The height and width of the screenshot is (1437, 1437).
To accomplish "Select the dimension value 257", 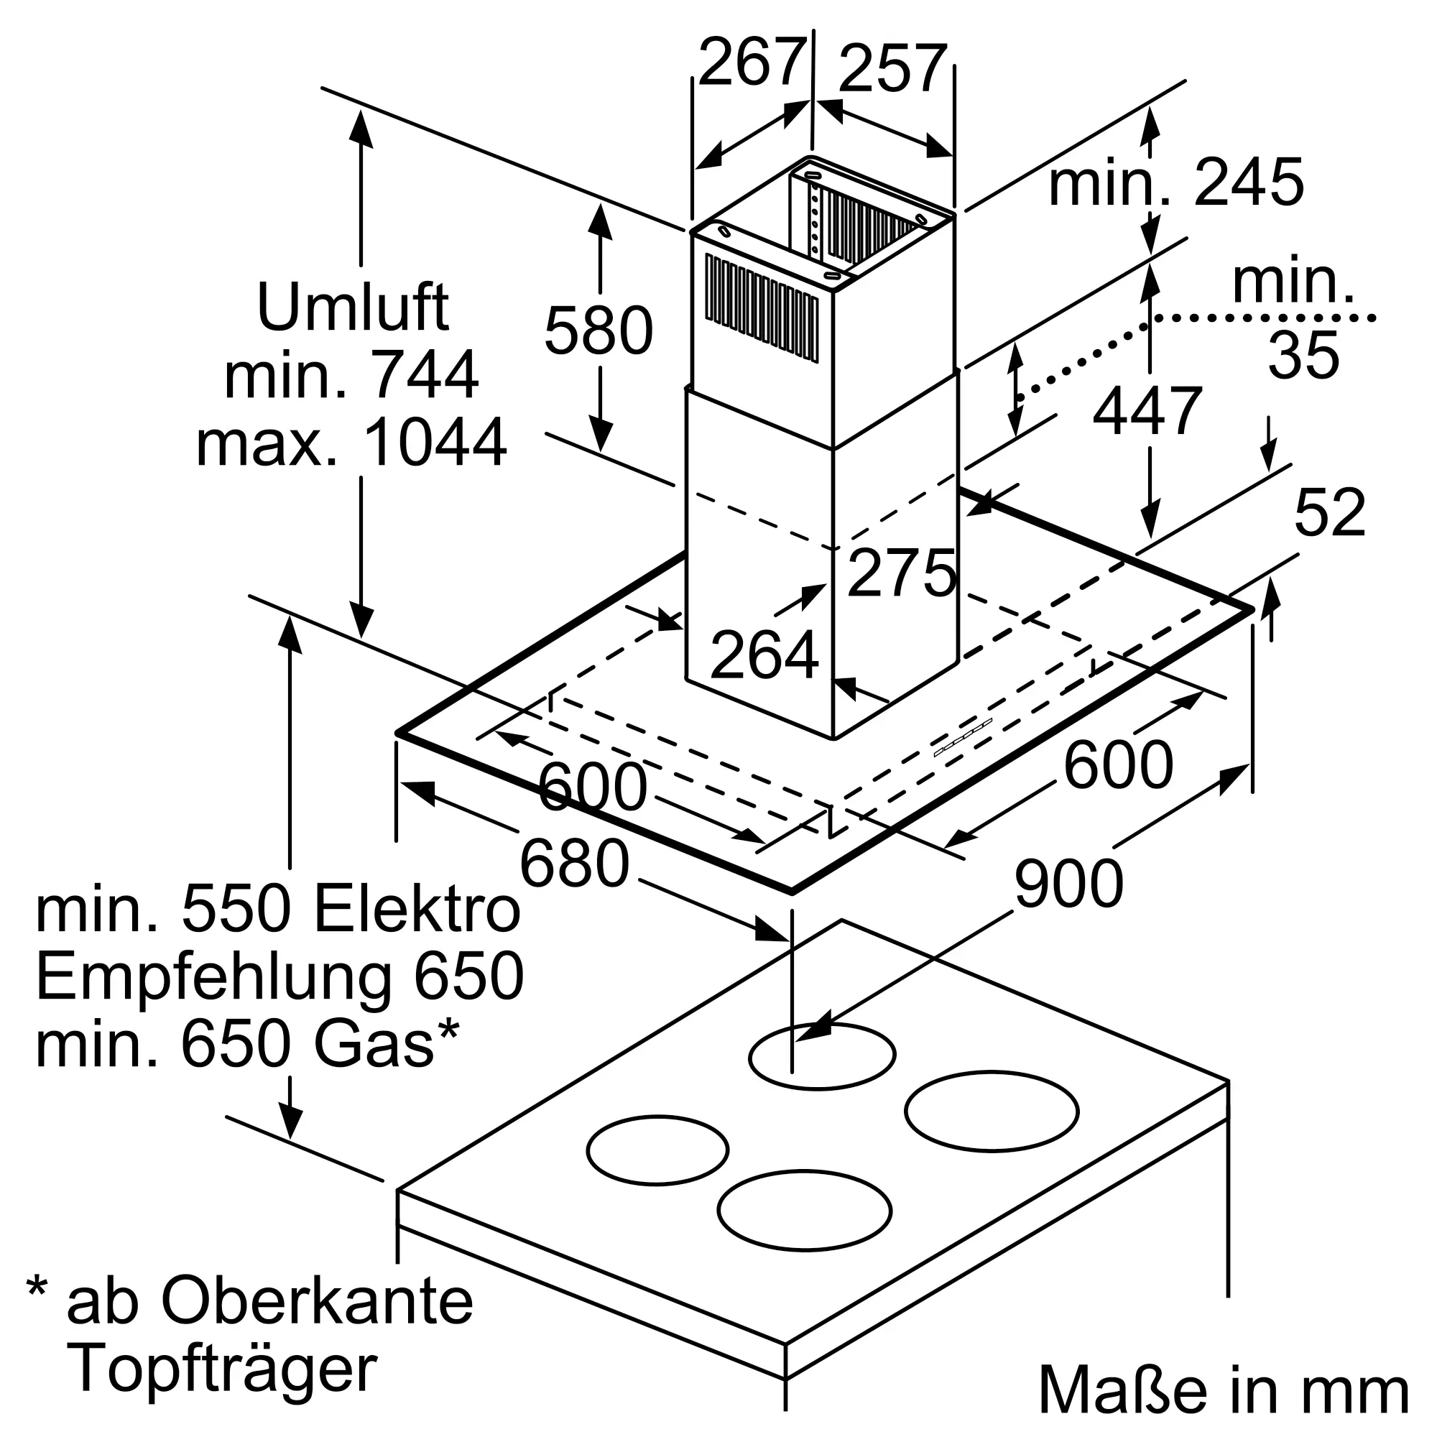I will (892, 70).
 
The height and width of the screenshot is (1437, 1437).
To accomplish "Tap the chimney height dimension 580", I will (599, 331).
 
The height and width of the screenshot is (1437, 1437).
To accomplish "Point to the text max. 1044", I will (351, 443).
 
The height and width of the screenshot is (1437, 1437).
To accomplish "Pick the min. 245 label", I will (1176, 183).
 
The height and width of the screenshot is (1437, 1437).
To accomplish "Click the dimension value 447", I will (1147, 411).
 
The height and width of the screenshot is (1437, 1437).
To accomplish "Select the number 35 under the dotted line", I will (1304, 356).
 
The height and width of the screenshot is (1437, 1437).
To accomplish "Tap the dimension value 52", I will (1330, 513).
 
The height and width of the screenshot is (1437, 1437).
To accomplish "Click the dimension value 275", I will (902, 573).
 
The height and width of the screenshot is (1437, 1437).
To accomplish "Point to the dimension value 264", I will (764, 655).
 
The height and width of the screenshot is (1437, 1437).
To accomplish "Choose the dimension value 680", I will (574, 864).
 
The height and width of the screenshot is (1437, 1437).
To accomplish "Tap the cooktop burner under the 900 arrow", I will (822, 1056).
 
